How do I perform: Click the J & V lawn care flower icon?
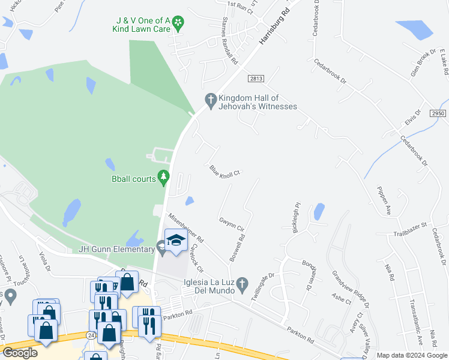tap(178, 23)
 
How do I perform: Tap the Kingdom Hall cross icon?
tap(211, 99)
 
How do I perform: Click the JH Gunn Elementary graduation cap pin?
tap(175, 241)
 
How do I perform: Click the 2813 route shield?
tap(256, 79)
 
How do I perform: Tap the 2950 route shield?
tap(439, 113)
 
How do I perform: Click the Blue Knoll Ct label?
tap(225, 171)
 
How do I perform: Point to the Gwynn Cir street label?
tap(231, 224)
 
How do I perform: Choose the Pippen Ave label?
tap(384, 201)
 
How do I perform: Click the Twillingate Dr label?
tap(262, 283)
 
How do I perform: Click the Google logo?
tap(19, 353)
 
